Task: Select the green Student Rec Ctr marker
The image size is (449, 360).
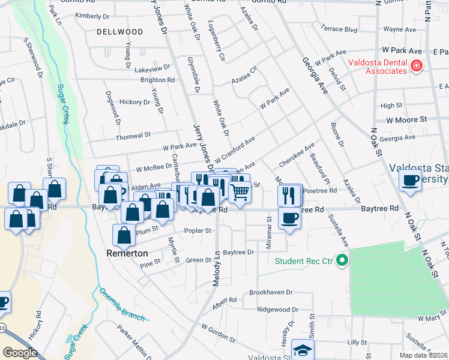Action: (x=342, y=260)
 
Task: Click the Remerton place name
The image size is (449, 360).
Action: (x=127, y=253)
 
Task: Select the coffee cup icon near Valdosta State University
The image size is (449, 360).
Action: (x=411, y=181)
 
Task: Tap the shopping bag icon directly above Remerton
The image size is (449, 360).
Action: (x=124, y=236)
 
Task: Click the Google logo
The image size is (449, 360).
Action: (x=20, y=353)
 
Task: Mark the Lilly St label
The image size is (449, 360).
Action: (x=357, y=341)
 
